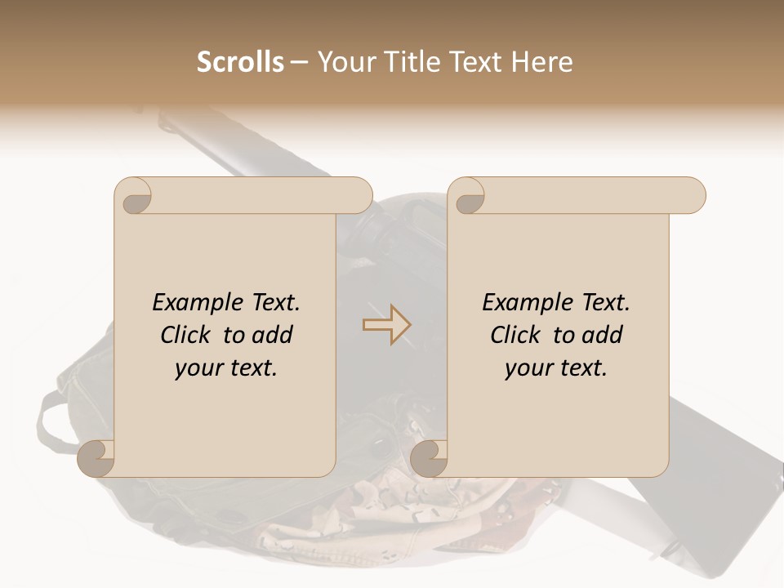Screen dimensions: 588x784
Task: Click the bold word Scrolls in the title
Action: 241,62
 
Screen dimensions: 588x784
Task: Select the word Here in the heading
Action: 542,62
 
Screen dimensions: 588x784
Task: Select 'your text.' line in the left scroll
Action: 226,367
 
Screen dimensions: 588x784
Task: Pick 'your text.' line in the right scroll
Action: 556,367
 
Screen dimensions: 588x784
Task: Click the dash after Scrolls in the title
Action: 299,62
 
